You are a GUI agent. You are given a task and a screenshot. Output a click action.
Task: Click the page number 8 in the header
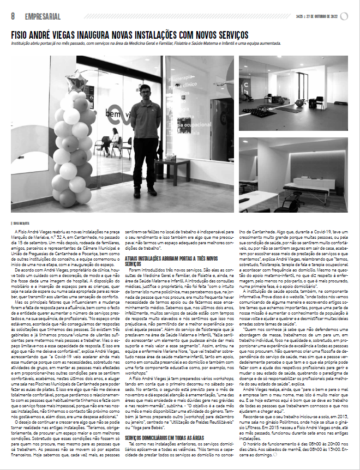tap(12, 16)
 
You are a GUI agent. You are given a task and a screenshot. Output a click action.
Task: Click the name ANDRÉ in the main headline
tap(53, 34)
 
